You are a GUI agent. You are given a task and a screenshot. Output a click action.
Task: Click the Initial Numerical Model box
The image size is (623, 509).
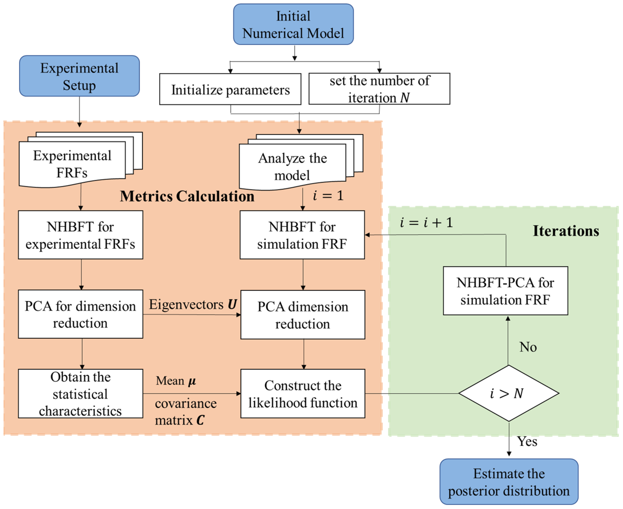[x=293, y=24]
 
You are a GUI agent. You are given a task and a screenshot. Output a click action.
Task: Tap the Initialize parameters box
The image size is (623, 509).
[x=230, y=89]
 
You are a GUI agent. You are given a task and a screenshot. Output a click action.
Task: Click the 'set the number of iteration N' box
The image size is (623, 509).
[x=379, y=89]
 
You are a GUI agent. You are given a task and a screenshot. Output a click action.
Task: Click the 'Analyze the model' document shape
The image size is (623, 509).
[x=293, y=167]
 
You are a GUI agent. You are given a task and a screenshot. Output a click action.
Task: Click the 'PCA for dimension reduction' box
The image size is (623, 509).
[x=80, y=315]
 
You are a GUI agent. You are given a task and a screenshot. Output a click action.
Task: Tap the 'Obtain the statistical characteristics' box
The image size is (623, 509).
[x=80, y=394]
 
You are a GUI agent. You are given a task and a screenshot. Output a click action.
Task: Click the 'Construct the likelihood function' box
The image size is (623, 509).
[x=303, y=394]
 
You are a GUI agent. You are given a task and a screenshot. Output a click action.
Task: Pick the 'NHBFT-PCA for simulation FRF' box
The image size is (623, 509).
[x=505, y=291]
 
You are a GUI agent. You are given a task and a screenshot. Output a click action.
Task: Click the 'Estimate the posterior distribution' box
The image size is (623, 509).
[x=509, y=482]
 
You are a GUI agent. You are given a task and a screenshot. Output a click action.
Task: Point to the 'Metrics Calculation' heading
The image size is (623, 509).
[x=187, y=196]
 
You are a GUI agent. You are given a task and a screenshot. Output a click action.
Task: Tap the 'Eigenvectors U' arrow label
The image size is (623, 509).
[x=193, y=304]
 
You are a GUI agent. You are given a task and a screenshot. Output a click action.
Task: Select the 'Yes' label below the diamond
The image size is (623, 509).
[x=527, y=441]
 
